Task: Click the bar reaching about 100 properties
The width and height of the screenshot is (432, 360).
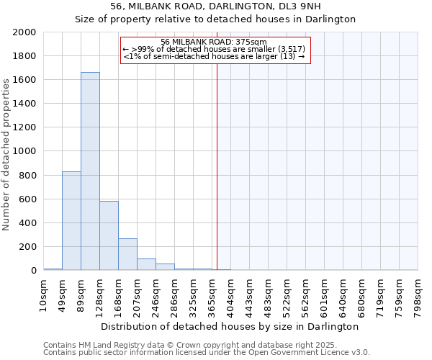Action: pos(146,264)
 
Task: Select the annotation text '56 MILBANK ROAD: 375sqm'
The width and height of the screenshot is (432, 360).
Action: pos(214,42)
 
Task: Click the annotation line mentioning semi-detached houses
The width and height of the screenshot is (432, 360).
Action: pos(214,56)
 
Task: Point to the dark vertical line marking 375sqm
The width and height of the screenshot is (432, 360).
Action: pos(217,166)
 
